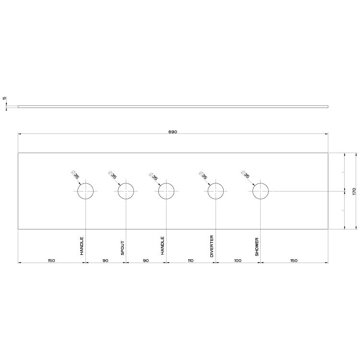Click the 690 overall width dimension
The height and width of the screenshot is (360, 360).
pos(173,132)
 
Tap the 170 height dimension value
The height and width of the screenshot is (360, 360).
pos(354,191)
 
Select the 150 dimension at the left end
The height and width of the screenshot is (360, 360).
pos(51,260)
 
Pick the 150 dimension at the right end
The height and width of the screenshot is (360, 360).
pos(294,260)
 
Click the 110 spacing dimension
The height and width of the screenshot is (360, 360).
pos(191,260)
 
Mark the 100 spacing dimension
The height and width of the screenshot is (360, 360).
pos(238,260)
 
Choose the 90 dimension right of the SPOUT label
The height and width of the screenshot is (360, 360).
pos(146,260)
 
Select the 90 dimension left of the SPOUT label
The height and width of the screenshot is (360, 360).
pos(106,260)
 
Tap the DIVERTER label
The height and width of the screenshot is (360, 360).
pos(212,246)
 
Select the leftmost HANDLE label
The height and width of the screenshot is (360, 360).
pos(82,246)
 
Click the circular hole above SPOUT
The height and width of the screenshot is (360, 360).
pos(126,191)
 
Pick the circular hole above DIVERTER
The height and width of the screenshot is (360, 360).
pos(216,191)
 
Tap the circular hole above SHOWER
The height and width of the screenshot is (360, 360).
pos(261,191)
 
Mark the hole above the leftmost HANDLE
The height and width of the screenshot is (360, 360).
pos(85,191)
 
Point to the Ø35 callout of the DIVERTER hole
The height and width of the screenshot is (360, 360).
pos(204,175)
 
